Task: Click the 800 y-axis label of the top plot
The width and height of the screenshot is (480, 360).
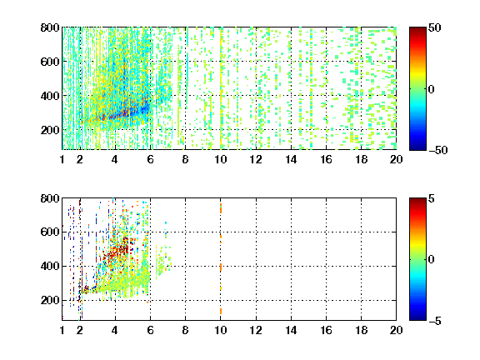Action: click(50, 27)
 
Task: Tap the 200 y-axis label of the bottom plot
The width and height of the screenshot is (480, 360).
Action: click(50, 300)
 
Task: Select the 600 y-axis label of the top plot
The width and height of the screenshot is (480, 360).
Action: click(50, 62)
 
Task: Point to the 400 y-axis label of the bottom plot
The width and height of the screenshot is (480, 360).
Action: click(50, 266)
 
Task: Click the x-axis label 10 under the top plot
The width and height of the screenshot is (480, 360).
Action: click(220, 159)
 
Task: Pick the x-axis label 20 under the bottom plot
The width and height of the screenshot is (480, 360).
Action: click(396, 330)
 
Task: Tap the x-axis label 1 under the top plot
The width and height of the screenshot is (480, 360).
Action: click(62, 159)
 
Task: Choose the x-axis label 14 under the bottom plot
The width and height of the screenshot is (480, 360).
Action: click(291, 330)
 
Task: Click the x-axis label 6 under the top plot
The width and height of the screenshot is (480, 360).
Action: click(150, 159)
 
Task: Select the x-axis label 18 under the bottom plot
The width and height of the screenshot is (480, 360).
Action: click(361, 330)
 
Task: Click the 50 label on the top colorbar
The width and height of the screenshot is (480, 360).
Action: click(435, 27)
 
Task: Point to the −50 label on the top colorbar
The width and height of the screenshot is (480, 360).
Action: click(438, 150)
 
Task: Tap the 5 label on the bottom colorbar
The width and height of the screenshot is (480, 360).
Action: click(432, 198)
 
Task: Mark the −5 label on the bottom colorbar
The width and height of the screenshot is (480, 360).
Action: click(435, 321)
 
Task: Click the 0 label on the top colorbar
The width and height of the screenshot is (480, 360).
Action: click(432, 89)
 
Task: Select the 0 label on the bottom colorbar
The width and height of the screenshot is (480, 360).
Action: click(432, 260)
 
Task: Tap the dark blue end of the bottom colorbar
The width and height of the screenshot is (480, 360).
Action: click(417, 318)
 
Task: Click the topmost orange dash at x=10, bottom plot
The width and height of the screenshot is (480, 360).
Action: click(221, 208)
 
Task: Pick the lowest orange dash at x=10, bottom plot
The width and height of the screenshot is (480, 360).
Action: click(221, 312)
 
